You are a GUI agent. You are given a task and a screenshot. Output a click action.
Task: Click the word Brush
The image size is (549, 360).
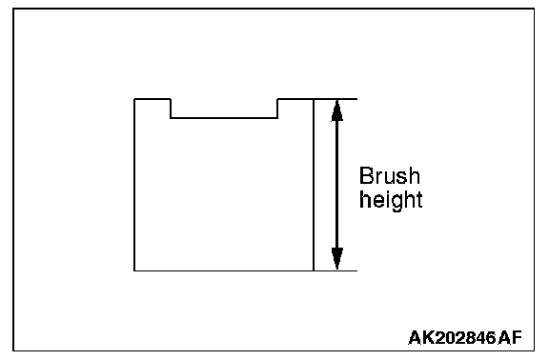coord(389,175)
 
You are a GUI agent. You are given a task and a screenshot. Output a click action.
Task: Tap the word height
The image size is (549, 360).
coord(391,200)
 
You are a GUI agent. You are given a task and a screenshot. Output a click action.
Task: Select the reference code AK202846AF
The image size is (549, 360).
coord(465,337)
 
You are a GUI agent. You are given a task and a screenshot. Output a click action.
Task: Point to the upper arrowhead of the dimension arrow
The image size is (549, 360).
coord(336,110)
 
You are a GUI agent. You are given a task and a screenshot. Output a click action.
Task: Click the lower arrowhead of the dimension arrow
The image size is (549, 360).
coord(336,258)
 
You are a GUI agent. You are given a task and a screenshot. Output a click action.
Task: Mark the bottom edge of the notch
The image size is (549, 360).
coord(224,118)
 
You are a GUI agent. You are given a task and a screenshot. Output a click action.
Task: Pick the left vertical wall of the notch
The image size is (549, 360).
coord(171,109)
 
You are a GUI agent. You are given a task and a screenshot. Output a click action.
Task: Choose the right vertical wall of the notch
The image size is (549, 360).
coord(277,109)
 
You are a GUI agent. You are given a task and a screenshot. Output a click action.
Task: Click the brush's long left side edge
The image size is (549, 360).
coord(134,185)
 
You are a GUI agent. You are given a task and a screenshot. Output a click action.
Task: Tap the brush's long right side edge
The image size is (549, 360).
coord(314,185)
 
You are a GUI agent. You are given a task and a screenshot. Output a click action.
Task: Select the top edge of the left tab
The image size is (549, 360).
coord(152,99)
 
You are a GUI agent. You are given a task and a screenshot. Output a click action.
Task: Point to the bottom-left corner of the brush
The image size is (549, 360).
coord(134,270)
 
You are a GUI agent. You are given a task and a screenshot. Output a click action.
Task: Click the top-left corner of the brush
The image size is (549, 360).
coord(134,99)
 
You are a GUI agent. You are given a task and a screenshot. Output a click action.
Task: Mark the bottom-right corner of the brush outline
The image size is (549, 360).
coord(314,270)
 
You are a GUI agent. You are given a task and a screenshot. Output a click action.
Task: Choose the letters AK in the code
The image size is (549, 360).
coord(422,337)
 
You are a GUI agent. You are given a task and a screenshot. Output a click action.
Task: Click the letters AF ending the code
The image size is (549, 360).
coord(510,337)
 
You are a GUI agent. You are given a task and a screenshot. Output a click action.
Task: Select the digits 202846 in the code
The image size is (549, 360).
coord(467,337)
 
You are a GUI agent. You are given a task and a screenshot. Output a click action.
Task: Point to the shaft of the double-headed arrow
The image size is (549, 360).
coord(336,185)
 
